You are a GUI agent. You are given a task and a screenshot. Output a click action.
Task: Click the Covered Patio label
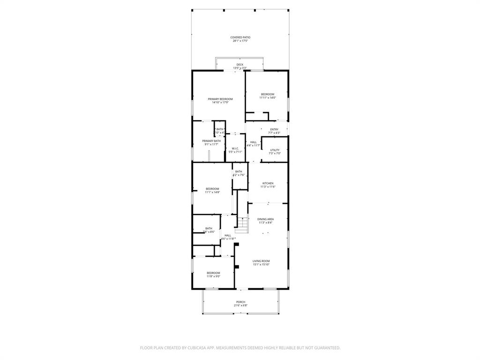click(240, 37)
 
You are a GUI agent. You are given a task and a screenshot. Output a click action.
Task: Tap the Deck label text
click(240, 65)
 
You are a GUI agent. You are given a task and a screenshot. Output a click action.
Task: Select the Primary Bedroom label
click(220, 99)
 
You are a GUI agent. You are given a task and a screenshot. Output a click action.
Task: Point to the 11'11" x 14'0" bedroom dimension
click(268, 97)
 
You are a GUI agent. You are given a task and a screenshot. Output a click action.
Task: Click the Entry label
click(274, 129)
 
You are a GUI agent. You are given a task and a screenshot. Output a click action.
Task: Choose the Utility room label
click(275, 150)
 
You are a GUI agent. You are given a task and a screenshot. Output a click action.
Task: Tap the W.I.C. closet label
click(235, 149)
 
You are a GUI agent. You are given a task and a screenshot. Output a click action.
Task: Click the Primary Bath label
click(211, 141)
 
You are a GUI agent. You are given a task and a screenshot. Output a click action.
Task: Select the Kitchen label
click(268, 183)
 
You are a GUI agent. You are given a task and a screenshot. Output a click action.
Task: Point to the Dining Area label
click(266, 219)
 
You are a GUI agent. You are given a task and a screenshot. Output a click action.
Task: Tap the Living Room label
click(261, 261)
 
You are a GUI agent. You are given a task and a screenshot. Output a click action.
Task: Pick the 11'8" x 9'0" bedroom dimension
click(213, 276)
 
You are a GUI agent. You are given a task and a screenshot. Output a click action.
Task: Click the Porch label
click(240, 302)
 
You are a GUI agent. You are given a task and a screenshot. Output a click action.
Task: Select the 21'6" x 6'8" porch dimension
click(240, 305)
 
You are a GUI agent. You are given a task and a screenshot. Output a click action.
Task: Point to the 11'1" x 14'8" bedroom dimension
click(212, 192)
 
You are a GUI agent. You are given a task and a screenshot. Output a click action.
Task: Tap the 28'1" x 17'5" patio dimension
click(240, 41)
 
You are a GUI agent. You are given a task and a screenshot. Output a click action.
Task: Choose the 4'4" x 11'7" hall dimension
click(254, 145)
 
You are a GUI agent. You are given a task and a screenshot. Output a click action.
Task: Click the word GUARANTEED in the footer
click(324, 348)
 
